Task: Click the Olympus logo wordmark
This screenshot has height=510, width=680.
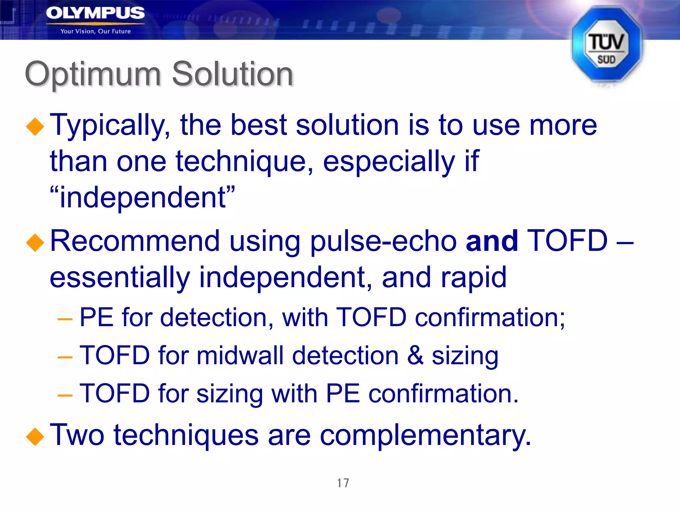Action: (95, 13)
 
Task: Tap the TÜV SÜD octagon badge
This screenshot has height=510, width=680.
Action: (606, 45)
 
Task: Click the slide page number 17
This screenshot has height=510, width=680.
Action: (343, 483)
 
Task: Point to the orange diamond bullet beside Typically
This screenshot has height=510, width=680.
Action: (35, 127)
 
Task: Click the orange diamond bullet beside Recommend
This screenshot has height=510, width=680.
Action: (35, 242)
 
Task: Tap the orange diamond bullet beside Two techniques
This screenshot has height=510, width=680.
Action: (35, 436)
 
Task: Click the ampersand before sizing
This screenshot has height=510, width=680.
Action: (415, 355)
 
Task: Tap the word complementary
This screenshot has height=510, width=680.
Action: (425, 435)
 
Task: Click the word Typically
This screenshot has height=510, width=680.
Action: (110, 126)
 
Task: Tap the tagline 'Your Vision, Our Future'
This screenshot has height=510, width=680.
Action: (96, 31)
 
